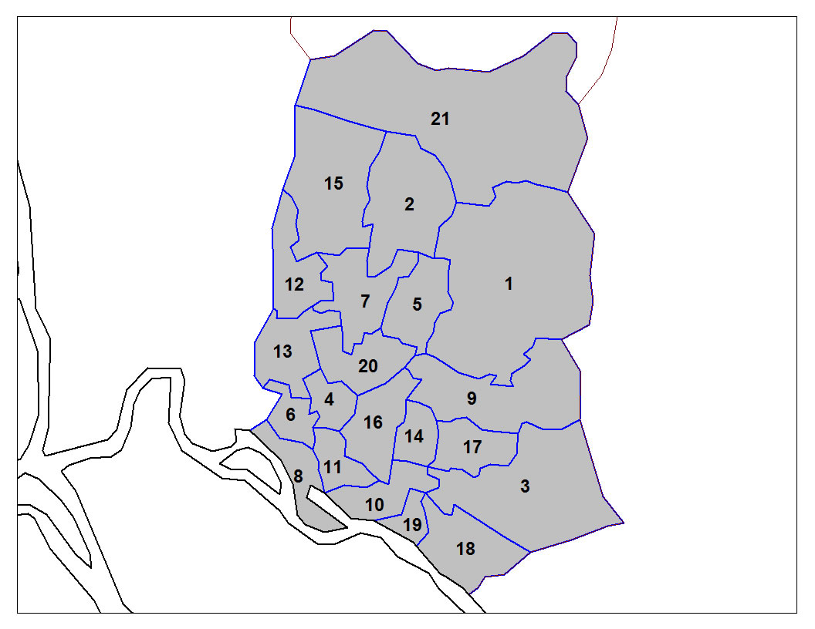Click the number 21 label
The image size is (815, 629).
point(440,119)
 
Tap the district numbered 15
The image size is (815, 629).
point(333,183)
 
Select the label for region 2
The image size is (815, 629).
point(409,204)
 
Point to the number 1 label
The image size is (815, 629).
point(509,284)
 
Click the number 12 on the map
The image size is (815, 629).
point(294,284)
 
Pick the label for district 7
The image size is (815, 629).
point(365,301)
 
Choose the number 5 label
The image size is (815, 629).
point(417,304)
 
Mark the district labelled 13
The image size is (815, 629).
point(282,351)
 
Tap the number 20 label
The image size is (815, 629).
point(368,365)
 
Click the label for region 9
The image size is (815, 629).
point(472,399)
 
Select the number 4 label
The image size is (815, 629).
point(330,400)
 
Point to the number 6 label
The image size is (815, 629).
point(290,415)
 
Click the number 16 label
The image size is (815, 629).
point(373,422)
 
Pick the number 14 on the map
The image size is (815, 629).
point(414,436)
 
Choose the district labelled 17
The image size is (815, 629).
point(472,447)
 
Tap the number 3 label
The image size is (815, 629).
point(525,486)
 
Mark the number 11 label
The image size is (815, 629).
point(333,467)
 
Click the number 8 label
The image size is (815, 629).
point(298,476)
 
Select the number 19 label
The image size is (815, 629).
point(412,526)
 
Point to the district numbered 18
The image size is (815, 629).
point(465,550)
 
